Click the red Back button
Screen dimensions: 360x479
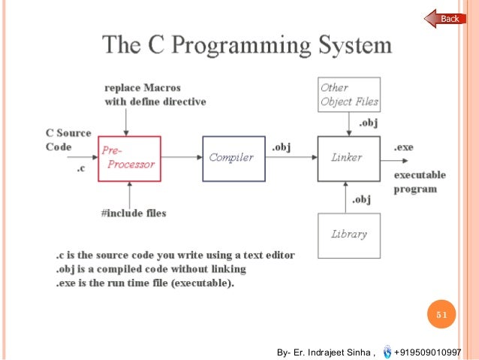446,19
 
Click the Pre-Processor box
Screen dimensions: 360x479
128,159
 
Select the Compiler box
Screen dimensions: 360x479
233,158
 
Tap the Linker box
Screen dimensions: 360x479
348,158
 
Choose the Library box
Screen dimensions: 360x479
348,234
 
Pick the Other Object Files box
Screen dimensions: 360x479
349,95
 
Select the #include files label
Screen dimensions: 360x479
134,213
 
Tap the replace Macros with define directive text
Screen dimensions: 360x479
155,95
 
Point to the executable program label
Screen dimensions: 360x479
420,182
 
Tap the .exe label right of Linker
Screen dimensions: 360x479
403,147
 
